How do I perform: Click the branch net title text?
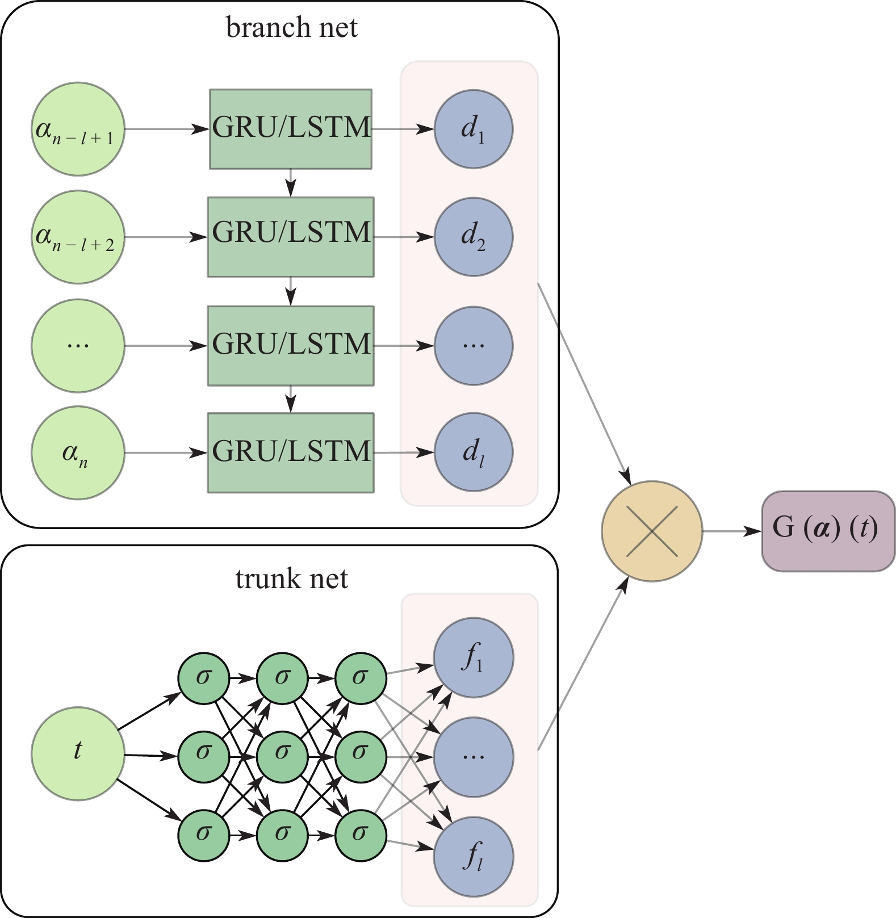point(291,27)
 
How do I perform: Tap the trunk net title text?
point(291,579)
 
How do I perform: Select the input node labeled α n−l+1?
point(78,129)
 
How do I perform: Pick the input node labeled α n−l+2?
point(78,237)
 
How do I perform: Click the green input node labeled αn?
point(78,453)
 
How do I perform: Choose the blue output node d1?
point(474,129)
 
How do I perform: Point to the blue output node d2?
point(474,237)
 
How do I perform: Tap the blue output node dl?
point(474,453)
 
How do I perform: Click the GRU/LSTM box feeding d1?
point(291,129)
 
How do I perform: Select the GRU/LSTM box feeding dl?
point(291,452)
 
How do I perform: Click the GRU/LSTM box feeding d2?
point(291,237)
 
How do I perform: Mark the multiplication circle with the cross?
point(652,531)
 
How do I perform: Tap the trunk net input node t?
point(78,753)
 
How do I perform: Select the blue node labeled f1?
point(474,657)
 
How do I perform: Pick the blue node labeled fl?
point(474,857)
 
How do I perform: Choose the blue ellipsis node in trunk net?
point(474,757)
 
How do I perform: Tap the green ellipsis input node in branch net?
point(78,345)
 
